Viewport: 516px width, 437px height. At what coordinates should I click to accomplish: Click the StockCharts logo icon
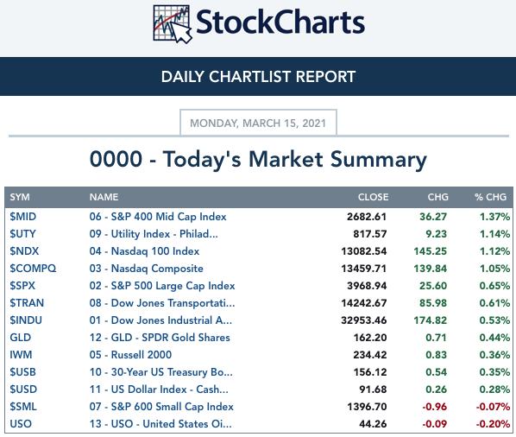[x=173, y=24]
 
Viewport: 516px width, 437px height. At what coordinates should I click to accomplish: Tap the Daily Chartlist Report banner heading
[x=258, y=77]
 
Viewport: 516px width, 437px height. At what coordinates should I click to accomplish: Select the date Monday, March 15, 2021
[x=258, y=123]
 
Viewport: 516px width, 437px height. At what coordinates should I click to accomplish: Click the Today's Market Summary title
[x=258, y=159]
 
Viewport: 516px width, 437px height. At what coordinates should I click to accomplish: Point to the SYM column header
[x=20, y=197]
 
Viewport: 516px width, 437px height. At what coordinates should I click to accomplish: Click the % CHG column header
[x=490, y=197]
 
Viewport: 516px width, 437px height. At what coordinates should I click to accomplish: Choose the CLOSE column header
[x=373, y=197]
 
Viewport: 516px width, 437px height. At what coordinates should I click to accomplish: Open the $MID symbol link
[x=23, y=217]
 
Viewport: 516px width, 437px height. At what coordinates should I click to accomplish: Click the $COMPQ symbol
[x=33, y=269]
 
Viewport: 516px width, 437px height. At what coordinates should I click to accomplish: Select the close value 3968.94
[x=367, y=286]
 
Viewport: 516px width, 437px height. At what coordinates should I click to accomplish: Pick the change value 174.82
[x=430, y=320]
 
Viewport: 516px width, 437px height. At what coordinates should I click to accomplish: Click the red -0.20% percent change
[x=493, y=424]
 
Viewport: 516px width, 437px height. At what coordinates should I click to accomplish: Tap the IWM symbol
[x=21, y=355]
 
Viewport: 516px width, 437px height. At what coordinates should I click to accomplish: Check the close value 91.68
[x=373, y=389]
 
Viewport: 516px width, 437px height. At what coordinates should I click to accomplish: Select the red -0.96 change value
[x=434, y=407]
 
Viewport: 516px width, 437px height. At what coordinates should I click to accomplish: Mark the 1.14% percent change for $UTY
[x=494, y=234]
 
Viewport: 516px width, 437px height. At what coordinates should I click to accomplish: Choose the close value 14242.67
[x=363, y=303]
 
